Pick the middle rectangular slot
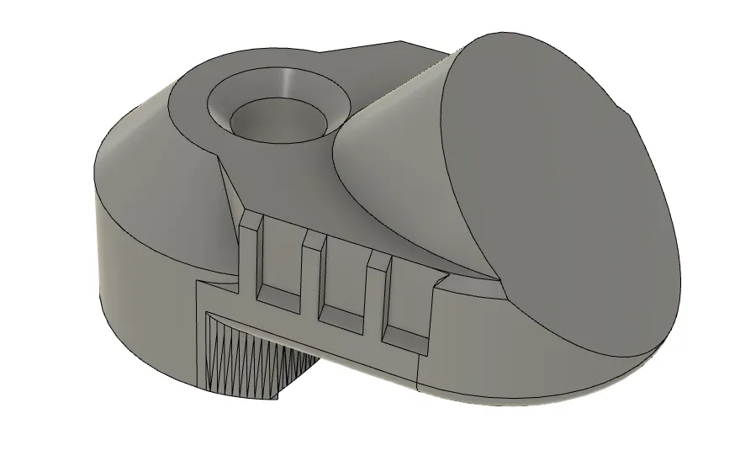[x=345, y=273]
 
